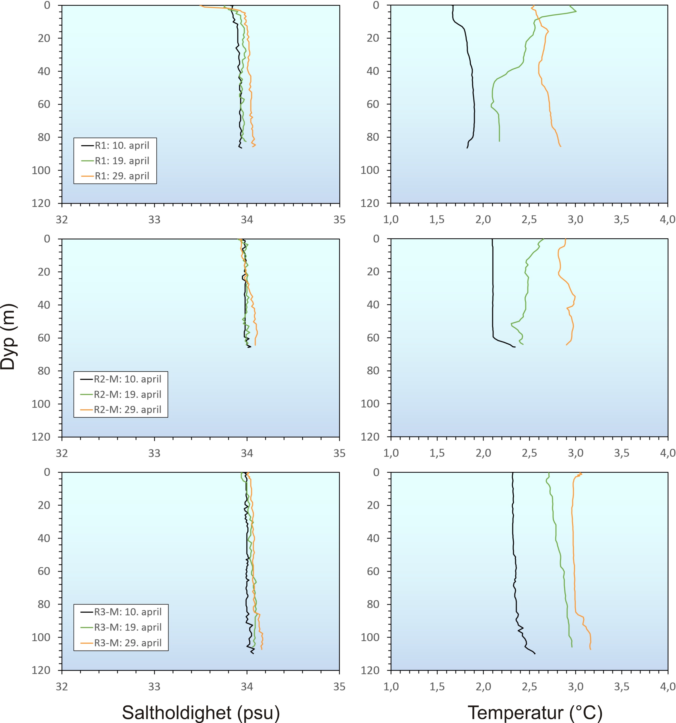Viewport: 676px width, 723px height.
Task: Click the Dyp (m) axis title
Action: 8,337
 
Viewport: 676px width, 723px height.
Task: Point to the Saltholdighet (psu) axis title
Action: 200,712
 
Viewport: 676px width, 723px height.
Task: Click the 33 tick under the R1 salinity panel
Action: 154,220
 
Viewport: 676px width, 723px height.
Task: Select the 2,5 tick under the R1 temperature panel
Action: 529,220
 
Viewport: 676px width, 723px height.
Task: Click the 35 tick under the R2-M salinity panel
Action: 339,453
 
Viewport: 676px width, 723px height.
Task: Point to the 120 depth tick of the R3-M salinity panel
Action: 41,670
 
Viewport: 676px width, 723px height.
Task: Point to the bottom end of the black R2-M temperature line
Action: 514,347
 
